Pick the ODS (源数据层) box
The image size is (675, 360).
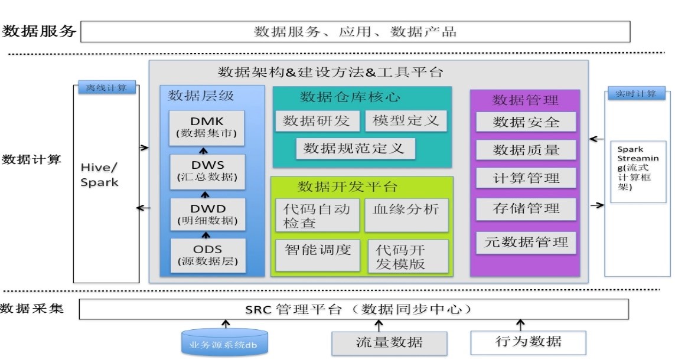(207, 255)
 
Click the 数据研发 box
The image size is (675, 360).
(317, 121)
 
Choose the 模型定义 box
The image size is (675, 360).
(406, 121)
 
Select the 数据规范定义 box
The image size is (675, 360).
(355, 149)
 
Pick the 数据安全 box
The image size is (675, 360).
(526, 122)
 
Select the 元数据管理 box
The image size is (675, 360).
(526, 242)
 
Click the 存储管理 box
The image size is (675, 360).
(526, 208)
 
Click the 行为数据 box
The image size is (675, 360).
(528, 342)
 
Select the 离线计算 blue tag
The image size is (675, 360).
(106, 89)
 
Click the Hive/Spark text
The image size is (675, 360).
(99, 175)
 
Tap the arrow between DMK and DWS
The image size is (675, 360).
(204, 150)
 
